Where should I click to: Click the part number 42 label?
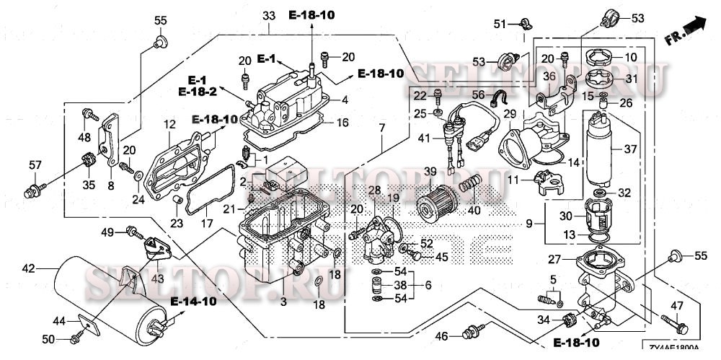[x=28, y=269]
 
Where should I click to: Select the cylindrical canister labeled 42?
[x=108, y=296]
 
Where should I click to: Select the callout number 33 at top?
[x=269, y=15]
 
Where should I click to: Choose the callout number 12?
[x=169, y=124]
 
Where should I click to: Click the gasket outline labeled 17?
[x=209, y=209]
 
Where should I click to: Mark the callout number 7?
[x=382, y=128]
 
